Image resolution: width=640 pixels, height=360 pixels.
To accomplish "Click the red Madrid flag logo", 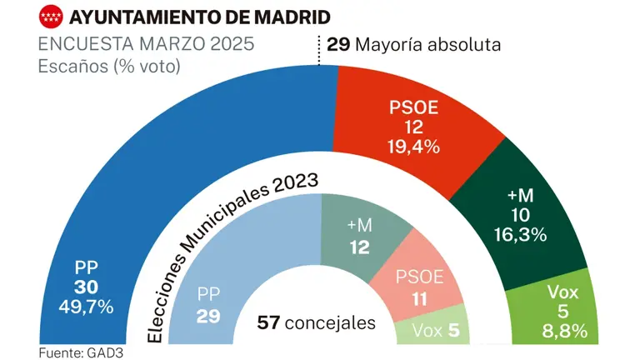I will pyautogui.click(x=52, y=16).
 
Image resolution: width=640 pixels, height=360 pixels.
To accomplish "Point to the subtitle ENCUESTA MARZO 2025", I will pyautogui.click(x=147, y=44).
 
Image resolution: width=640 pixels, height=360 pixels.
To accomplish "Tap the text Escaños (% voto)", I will pyautogui.click(x=109, y=67).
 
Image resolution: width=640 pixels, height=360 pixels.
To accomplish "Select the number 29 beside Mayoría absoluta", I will pyautogui.click(x=337, y=44).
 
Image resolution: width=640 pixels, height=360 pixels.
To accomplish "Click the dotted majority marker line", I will pyautogui.click(x=318, y=51).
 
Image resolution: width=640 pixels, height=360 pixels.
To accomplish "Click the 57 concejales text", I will pyautogui.click(x=317, y=322).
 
